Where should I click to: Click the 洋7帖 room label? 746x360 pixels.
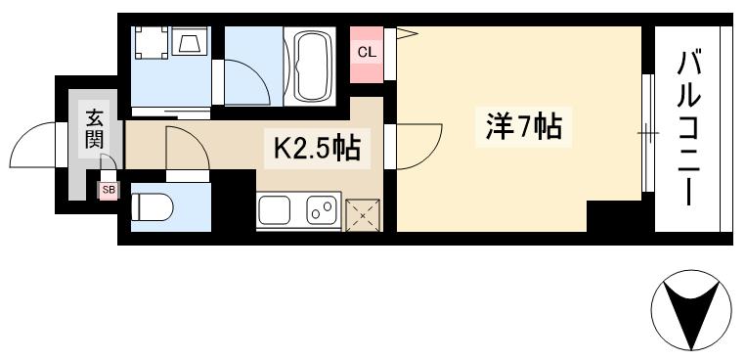pyautogui.click(x=523, y=127)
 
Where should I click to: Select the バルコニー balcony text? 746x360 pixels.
pyautogui.click(x=692, y=128)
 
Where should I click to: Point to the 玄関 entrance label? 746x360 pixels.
pyautogui.click(x=95, y=128)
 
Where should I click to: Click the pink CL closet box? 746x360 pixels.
pyautogui.click(x=366, y=52)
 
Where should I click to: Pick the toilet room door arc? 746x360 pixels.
pyautogui.click(x=186, y=149)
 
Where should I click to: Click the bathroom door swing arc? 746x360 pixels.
pyautogui.click(x=244, y=76)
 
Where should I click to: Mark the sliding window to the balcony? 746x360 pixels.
pyautogui.click(x=646, y=131)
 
